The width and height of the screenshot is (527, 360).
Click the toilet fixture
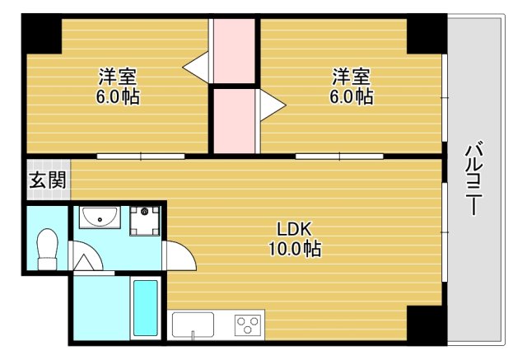[x=48, y=249]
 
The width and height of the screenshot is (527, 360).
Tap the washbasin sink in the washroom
[x=100, y=217]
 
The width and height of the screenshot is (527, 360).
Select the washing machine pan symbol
[x=145, y=221]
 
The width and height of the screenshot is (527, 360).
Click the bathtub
[x=146, y=308]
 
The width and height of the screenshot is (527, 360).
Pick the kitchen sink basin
[x=193, y=325]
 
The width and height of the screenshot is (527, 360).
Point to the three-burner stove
[x=248, y=325]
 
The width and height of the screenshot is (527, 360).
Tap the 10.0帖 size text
[x=295, y=249]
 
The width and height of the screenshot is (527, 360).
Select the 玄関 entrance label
[x=48, y=180]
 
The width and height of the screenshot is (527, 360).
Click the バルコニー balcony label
[x=473, y=180]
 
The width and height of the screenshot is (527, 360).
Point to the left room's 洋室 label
[x=118, y=77]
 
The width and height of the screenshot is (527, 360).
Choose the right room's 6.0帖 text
[x=352, y=96]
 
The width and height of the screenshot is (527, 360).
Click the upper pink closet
[x=234, y=51]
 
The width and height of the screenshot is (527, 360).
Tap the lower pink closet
[x=234, y=121]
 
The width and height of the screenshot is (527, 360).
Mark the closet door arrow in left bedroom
[x=196, y=68]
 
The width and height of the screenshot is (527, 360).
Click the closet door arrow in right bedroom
[x=273, y=105]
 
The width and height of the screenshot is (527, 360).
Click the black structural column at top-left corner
[x=42, y=34]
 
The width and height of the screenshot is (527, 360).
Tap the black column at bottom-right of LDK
[x=427, y=325]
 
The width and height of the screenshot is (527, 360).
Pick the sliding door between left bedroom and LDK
[x=141, y=157]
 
